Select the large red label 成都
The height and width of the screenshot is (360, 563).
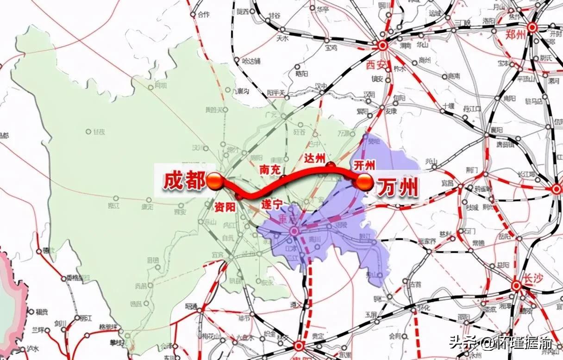[184, 181]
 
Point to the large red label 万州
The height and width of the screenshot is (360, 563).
[397, 188]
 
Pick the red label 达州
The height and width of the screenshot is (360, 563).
[314, 157]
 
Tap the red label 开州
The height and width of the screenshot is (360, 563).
[363, 165]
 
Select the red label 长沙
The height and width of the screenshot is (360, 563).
[534, 278]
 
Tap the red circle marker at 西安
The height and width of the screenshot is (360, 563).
[382, 45]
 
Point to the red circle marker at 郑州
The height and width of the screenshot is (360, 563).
[532, 27]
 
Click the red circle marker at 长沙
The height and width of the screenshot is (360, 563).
[516, 286]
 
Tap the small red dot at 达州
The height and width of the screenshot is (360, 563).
[331, 165]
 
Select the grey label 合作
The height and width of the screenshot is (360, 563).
[203, 15]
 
